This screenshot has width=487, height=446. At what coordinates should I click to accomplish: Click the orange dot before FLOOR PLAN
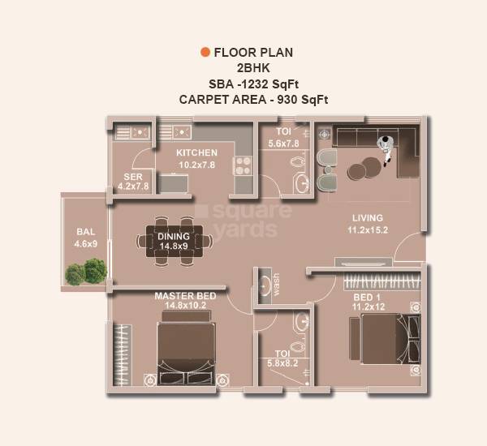pos(205,53)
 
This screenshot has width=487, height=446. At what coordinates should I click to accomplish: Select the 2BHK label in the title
pos(252,68)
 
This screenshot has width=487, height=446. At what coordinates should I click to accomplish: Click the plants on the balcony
pos(87,272)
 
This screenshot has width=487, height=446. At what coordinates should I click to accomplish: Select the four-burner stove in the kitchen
pos(242,165)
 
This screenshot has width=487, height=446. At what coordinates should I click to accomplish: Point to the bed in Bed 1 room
pos(386,340)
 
